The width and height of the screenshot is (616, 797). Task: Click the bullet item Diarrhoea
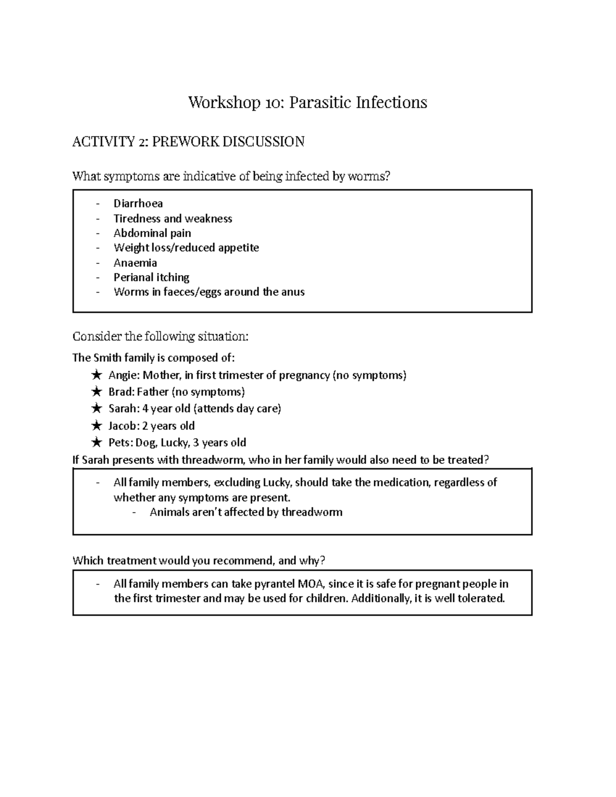138,204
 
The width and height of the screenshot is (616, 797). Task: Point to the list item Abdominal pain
152,233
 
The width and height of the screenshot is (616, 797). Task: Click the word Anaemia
135,263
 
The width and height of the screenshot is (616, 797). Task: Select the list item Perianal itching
151,277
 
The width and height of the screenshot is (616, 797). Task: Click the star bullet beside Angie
96,375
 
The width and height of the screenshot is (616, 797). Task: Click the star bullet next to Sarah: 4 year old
96,409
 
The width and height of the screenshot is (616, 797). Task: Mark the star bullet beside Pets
96,442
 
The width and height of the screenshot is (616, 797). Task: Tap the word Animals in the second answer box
169,512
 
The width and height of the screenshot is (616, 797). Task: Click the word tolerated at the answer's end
480,598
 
